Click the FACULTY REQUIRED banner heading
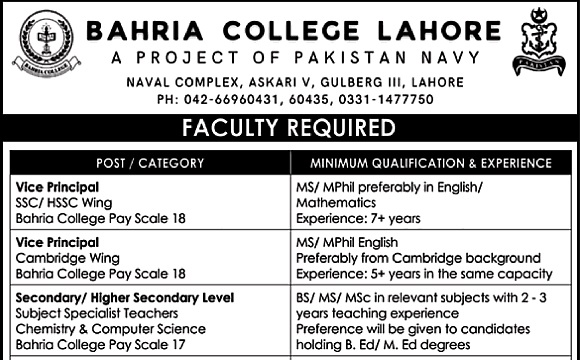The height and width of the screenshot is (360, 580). pos(290,129)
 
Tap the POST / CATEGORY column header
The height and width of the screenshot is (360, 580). pos(151,163)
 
